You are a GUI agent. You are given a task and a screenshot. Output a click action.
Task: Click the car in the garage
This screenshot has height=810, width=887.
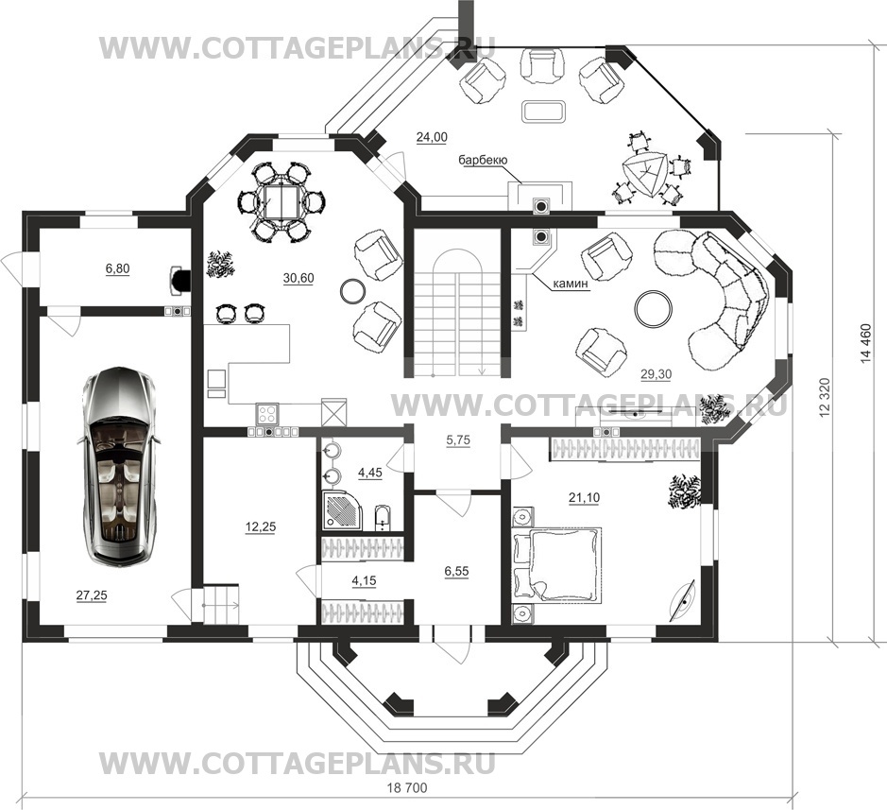click(x=119, y=466)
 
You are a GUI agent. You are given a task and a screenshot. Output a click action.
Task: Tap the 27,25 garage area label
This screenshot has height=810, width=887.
click(x=92, y=595)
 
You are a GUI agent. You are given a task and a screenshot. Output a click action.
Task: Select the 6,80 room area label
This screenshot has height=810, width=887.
click(x=118, y=268)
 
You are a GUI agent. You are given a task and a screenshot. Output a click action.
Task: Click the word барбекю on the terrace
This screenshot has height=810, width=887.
click(x=483, y=160)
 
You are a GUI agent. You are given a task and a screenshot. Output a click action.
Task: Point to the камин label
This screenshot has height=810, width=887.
click(x=571, y=283)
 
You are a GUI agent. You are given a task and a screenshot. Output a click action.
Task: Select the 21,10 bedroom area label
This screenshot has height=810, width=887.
click(x=585, y=497)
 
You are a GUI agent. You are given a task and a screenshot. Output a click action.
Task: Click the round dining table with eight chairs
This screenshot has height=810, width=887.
click(x=281, y=202)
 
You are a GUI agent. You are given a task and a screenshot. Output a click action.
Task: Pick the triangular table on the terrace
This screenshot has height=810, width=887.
click(x=643, y=174)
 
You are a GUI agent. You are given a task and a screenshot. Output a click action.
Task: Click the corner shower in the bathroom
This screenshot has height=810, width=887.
click(x=341, y=510)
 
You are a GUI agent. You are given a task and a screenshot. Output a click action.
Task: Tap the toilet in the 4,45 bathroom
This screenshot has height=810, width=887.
click(x=383, y=517)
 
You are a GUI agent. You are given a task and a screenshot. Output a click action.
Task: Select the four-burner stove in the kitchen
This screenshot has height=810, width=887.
click(x=267, y=413)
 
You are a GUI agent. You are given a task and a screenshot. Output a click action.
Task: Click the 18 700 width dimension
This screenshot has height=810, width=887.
click(x=407, y=787)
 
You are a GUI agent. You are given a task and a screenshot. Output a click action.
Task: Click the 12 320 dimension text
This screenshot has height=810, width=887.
click(x=826, y=399)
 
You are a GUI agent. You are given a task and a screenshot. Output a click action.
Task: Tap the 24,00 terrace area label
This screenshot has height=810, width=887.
click(x=432, y=137)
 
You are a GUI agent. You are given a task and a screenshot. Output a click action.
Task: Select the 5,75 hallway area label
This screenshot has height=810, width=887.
click(x=458, y=439)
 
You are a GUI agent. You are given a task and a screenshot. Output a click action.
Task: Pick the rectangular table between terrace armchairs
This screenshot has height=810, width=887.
click(x=543, y=111)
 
